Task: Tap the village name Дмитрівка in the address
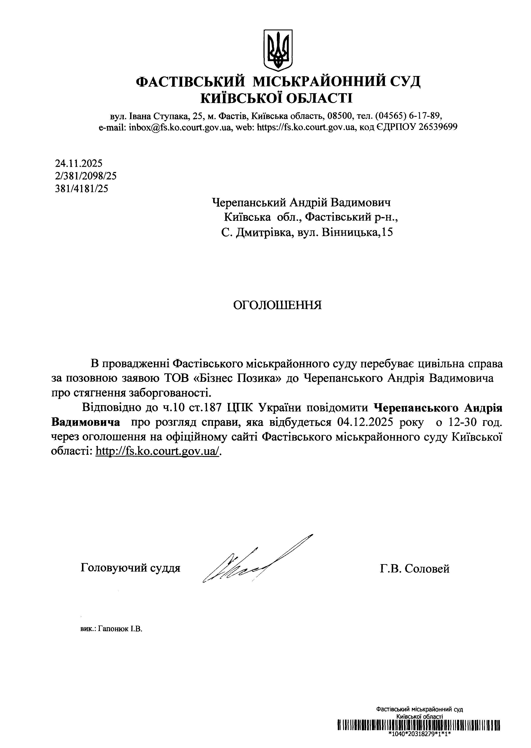[263, 232]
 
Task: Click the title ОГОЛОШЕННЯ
[277, 305]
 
